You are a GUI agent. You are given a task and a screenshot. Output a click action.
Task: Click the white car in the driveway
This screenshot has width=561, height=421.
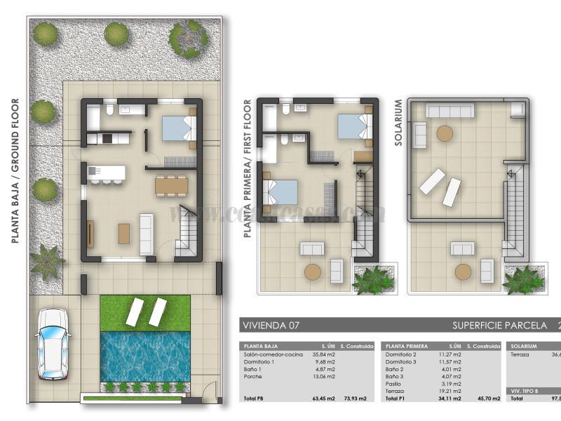[x=53, y=343]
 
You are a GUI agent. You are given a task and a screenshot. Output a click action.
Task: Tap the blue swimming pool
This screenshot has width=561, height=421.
[x=144, y=356]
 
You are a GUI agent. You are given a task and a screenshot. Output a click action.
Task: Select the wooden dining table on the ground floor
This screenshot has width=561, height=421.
[x=171, y=185]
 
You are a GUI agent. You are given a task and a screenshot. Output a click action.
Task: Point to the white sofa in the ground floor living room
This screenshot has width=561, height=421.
[x=147, y=233]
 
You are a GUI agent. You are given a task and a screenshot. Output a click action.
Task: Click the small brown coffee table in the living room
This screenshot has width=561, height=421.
[x=124, y=233]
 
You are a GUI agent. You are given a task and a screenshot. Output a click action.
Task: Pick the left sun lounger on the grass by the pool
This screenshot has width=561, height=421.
[x=135, y=312]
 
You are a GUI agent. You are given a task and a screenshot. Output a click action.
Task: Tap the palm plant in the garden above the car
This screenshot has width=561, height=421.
[x=47, y=260]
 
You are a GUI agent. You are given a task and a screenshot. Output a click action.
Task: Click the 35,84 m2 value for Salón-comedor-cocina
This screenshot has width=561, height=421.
[x=323, y=355]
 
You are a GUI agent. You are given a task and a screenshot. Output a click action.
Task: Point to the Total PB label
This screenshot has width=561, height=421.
[x=254, y=399]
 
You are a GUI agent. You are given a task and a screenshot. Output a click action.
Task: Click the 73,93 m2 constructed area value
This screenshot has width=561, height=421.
[x=356, y=399]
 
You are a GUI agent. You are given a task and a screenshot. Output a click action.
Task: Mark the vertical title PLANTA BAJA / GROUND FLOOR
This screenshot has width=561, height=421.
[x=15, y=171]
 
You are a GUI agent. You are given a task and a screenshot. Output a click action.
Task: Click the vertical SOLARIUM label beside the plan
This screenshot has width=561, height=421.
[x=398, y=123]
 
